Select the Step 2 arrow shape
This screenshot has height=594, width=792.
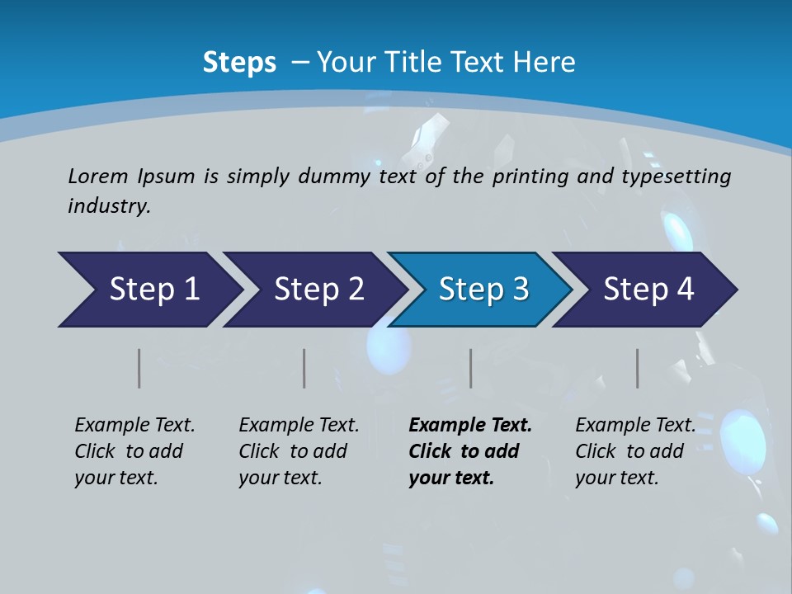click(318, 290)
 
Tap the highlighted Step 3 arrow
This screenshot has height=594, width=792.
click(483, 290)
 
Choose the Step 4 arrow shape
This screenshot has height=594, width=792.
click(648, 290)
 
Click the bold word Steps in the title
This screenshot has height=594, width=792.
click(239, 63)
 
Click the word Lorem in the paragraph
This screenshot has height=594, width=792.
click(98, 177)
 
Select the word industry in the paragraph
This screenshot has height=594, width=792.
click(109, 206)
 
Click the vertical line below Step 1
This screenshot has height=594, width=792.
click(139, 368)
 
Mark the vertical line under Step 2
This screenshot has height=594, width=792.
click(304, 368)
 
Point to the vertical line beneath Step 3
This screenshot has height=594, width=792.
click(471, 368)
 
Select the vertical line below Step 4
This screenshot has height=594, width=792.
click(638, 368)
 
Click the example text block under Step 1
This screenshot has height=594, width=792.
click(134, 451)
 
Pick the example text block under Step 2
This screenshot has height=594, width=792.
click(299, 451)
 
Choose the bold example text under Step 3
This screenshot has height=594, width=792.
click(470, 451)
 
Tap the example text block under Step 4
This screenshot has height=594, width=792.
click(634, 451)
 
